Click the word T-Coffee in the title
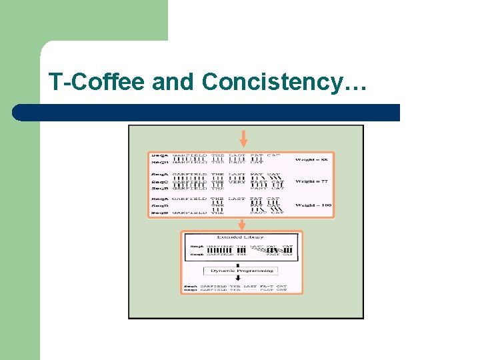click(x=97, y=82)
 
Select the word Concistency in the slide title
click(x=273, y=82)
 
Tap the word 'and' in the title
click(x=174, y=82)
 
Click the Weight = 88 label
click(x=312, y=159)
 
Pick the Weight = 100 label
click(x=313, y=205)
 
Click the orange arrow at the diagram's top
click(x=243, y=139)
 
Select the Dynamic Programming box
click(x=241, y=271)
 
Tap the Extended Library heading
click(x=240, y=237)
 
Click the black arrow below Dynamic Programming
click(x=241, y=281)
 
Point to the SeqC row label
click(x=159, y=182)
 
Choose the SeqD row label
click(x=159, y=205)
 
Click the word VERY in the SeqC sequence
click(x=237, y=182)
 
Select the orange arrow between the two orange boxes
click(x=242, y=225)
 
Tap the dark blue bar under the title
click(x=207, y=113)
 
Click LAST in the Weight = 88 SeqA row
click(x=237, y=156)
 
